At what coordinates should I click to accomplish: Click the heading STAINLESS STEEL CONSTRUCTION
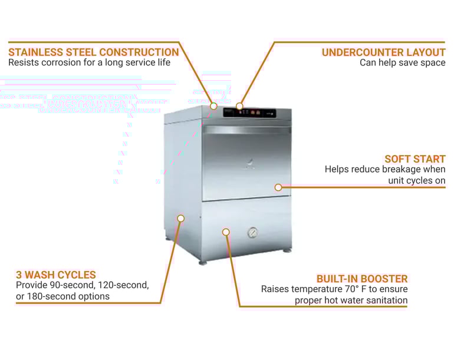(x=93, y=52)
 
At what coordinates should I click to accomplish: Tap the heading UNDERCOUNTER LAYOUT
(x=383, y=52)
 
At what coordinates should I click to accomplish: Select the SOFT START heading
(x=414, y=158)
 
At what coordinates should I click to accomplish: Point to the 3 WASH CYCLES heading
(x=55, y=275)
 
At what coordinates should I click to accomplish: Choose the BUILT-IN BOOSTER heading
(x=361, y=278)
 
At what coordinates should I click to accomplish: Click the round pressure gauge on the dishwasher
(x=252, y=232)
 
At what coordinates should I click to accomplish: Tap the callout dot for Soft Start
(x=278, y=187)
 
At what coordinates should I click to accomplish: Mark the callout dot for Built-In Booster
(x=226, y=232)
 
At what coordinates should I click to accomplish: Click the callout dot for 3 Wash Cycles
(x=181, y=219)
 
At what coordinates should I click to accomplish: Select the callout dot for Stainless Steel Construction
(x=214, y=106)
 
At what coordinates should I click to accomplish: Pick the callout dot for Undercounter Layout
(x=239, y=107)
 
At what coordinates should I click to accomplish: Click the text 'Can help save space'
(x=402, y=62)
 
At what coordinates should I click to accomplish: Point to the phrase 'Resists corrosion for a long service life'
(x=89, y=62)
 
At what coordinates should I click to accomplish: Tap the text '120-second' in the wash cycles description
(x=121, y=285)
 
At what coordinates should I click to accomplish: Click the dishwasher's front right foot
(x=287, y=250)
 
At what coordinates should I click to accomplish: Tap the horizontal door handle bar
(x=247, y=130)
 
